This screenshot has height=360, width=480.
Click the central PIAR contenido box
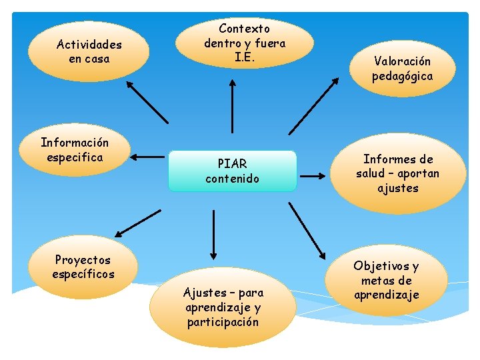(233, 171)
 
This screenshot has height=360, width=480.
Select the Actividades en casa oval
(89, 51)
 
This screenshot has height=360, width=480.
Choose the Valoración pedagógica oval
(402, 69)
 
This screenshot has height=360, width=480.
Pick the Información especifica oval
(74, 150)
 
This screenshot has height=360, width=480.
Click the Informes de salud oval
(397, 174)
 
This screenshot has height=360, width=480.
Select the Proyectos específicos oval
(83, 267)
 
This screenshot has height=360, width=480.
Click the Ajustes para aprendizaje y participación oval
(223, 307)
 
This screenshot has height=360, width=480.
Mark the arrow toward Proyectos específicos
(138, 223)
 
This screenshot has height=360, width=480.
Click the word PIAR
(232, 164)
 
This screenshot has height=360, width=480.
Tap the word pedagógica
(402, 76)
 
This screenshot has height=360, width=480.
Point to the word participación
(223, 322)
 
